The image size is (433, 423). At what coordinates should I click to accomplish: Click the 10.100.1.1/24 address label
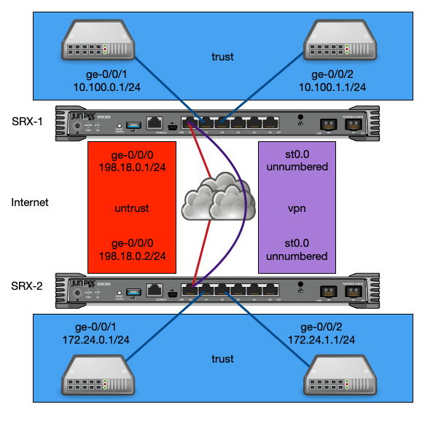tap(332, 87)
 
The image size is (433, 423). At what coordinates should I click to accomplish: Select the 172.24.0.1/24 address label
tap(96, 340)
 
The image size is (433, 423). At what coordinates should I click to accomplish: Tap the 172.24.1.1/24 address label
tap(321, 340)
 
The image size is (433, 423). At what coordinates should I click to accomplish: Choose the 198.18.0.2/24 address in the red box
tap(132, 256)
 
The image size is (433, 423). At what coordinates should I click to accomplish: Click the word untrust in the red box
tap(132, 208)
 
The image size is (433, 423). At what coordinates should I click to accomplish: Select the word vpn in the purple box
tap(297, 208)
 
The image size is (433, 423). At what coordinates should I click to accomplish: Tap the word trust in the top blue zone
tap(222, 57)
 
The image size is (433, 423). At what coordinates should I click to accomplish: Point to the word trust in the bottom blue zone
tap(222, 359)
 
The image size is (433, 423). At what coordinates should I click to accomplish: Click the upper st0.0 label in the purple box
tap(297, 155)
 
